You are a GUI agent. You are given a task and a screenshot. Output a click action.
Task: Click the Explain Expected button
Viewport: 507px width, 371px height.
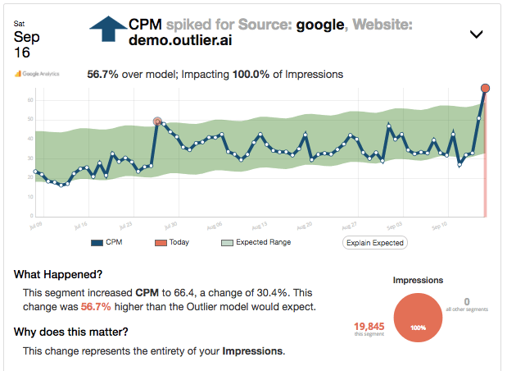pos(374,242)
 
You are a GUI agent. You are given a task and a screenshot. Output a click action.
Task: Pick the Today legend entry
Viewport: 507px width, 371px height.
pos(171,242)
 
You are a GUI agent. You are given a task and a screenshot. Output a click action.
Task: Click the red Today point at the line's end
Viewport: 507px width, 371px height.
pos(485,88)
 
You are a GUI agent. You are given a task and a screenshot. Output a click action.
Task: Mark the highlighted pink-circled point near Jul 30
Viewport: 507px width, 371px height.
pos(157,121)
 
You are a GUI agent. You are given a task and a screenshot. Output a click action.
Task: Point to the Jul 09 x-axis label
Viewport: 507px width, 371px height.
pos(35,223)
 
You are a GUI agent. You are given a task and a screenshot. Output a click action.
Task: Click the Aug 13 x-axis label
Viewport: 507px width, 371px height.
pos(259,223)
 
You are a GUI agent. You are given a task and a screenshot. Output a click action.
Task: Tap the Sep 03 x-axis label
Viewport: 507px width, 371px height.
pos(395,223)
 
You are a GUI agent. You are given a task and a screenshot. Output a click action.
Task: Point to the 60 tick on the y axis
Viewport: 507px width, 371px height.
pos(29,100)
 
